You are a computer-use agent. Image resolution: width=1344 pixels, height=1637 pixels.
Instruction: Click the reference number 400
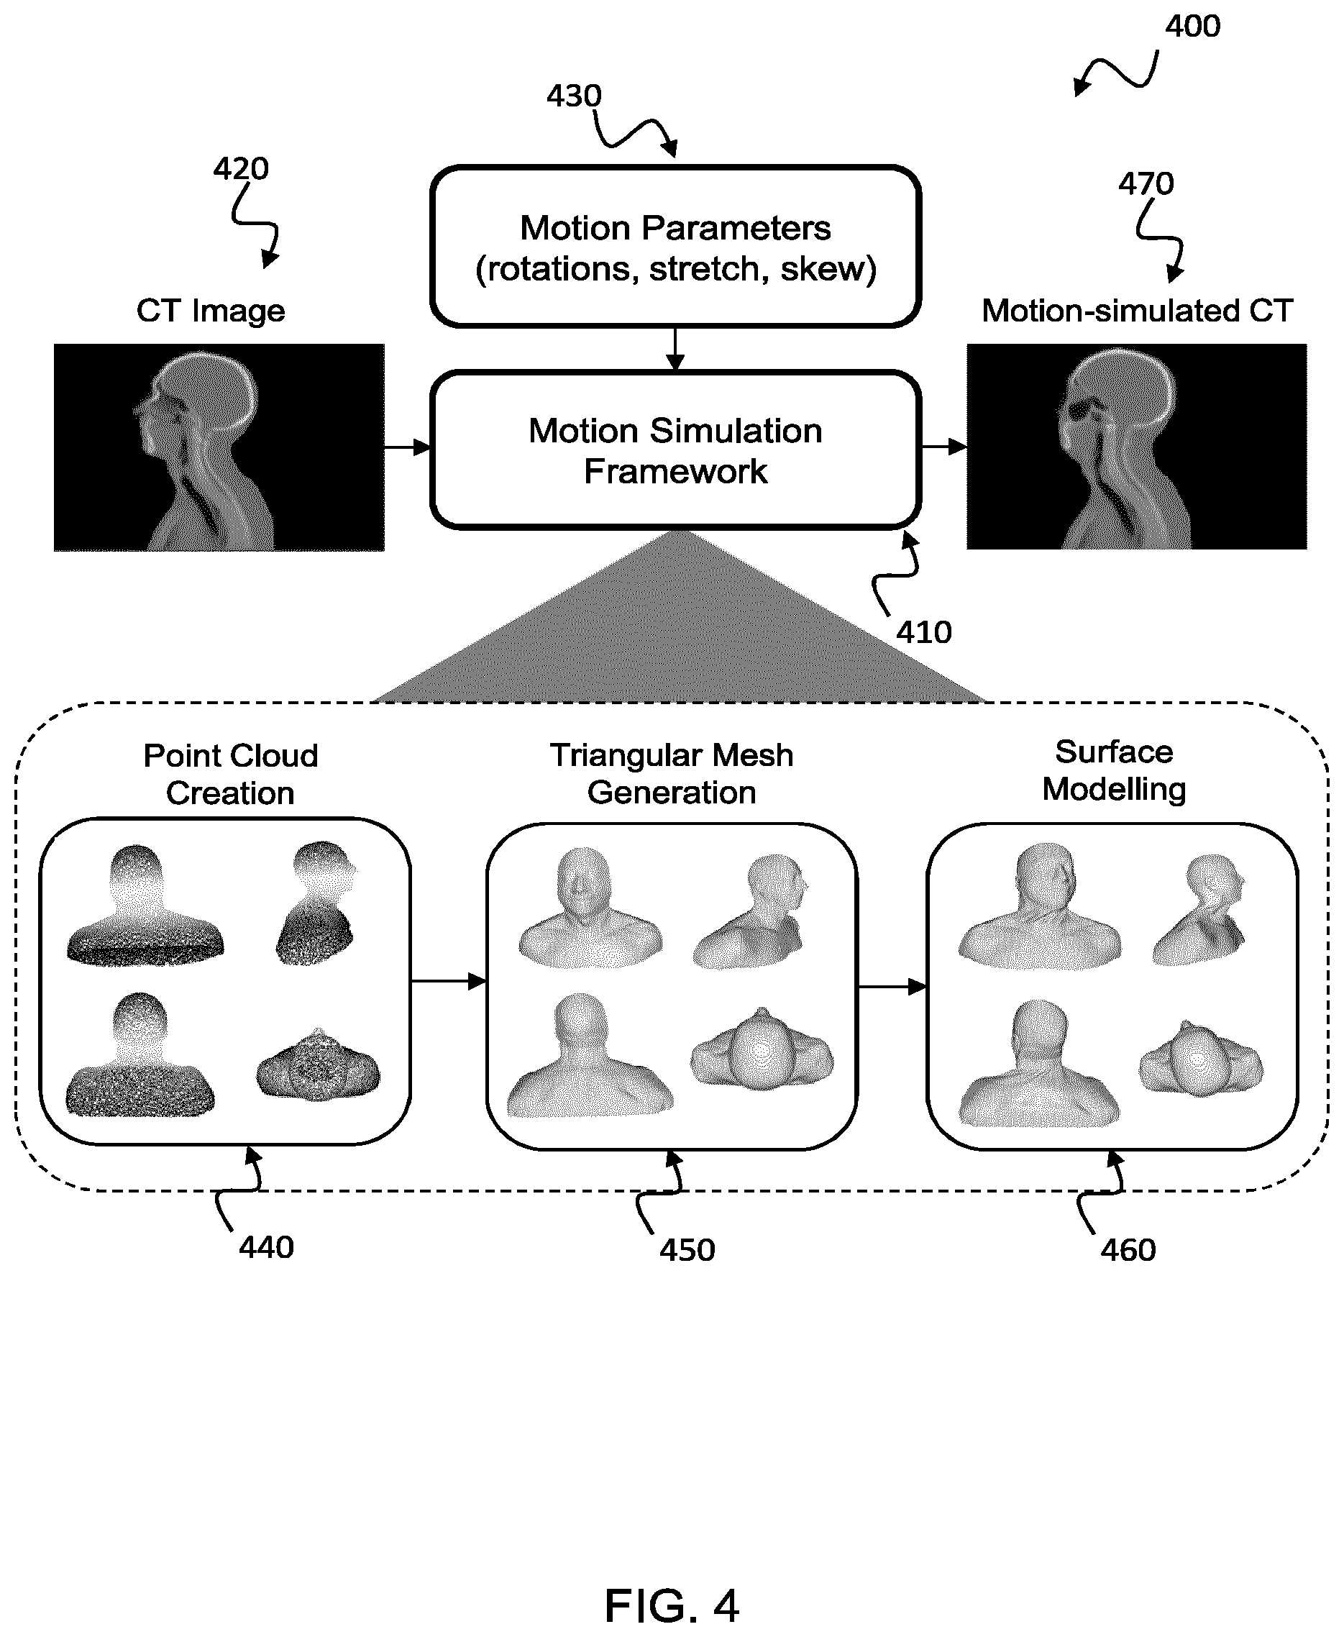pyautogui.click(x=1192, y=27)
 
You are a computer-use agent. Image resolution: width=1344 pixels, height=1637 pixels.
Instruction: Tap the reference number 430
pyautogui.click(x=574, y=96)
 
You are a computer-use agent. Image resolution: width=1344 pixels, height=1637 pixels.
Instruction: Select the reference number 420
pyautogui.click(x=241, y=169)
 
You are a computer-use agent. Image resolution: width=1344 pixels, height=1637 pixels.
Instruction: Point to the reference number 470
pyautogui.click(x=1146, y=183)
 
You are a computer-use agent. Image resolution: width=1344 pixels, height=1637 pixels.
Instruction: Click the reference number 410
pyautogui.click(x=923, y=633)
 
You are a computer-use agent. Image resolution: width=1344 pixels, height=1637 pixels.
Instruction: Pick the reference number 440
pyautogui.click(x=266, y=1247)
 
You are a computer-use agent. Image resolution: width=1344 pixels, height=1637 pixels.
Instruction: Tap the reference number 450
pyautogui.click(x=687, y=1251)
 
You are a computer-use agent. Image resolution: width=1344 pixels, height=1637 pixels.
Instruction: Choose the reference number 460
pyautogui.click(x=1128, y=1251)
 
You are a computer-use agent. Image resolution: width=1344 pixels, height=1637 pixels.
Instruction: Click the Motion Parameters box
pyautogui.click(x=675, y=246)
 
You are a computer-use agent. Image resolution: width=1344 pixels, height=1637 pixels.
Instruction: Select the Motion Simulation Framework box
pyautogui.click(x=675, y=450)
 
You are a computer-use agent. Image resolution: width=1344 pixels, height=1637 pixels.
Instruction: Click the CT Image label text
pyautogui.click(x=211, y=311)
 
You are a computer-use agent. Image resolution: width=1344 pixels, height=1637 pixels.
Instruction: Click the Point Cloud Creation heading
pyautogui.click(x=231, y=775)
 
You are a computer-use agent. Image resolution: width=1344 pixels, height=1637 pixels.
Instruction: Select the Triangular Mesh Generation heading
pyautogui.click(x=672, y=774)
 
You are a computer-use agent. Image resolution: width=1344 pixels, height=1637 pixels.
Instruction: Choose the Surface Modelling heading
pyautogui.click(x=1114, y=770)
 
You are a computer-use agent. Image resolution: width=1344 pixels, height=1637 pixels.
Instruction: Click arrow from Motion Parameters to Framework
pyautogui.click(x=675, y=350)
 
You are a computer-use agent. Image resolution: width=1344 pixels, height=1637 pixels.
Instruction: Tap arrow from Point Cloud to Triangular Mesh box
pyautogui.click(x=449, y=982)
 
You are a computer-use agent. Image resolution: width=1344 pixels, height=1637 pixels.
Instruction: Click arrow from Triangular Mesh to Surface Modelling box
pyautogui.click(x=892, y=987)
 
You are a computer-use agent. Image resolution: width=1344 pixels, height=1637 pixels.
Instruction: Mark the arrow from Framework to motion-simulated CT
pyautogui.click(x=943, y=446)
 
